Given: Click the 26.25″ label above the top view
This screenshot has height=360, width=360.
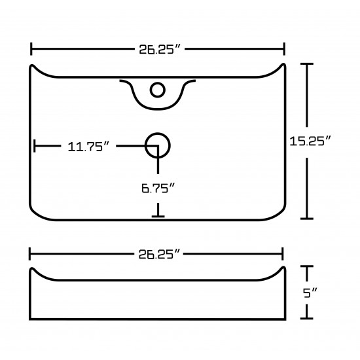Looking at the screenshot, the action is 160,49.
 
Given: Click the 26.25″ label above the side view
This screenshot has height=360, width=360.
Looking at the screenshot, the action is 159,254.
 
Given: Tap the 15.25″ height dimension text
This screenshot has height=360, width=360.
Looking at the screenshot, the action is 310,141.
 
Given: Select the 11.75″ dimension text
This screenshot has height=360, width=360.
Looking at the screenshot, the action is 88,147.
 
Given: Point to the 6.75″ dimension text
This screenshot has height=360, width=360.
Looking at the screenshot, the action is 158,189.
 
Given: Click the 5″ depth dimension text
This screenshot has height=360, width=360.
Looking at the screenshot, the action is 310,293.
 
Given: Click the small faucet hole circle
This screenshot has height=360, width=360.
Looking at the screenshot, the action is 158,90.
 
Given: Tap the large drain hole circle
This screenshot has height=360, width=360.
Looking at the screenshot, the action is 158,145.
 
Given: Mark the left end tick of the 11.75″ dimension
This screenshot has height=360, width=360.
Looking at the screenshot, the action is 35,146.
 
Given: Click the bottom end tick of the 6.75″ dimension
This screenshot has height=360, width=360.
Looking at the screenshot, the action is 158,216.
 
